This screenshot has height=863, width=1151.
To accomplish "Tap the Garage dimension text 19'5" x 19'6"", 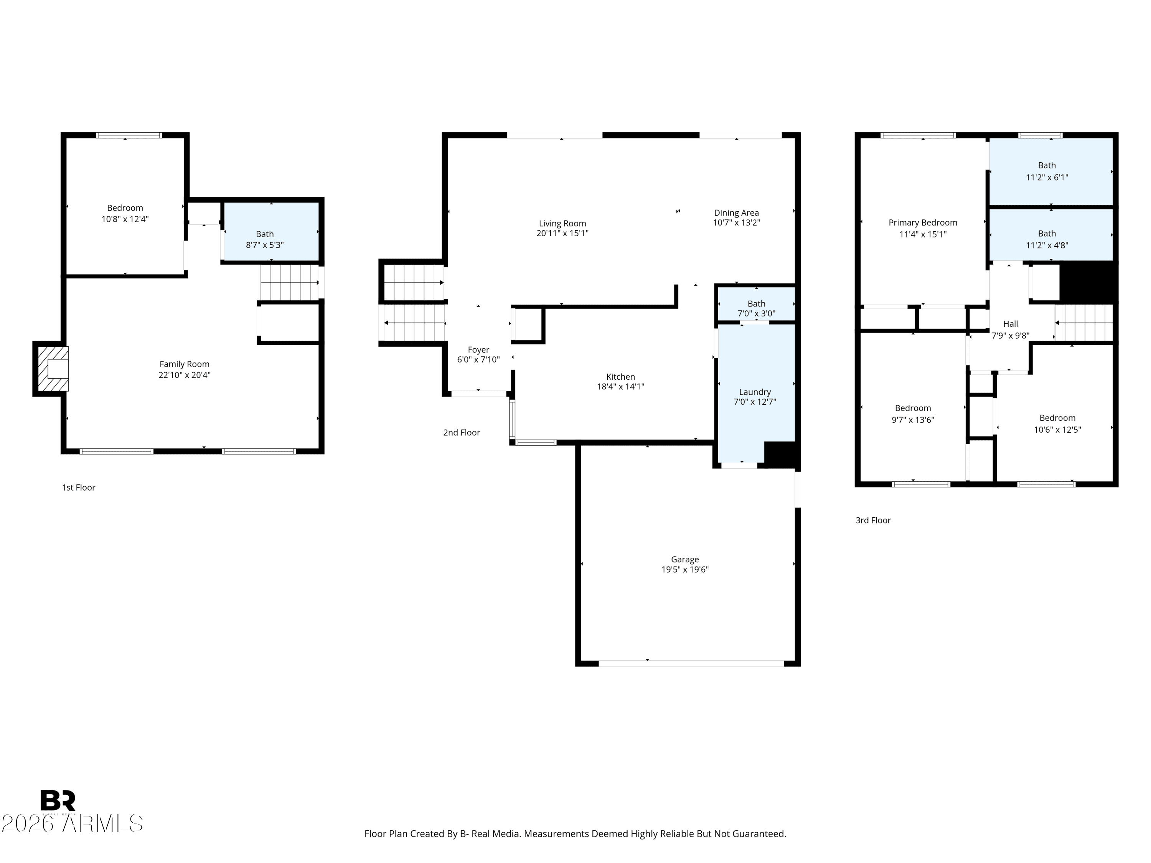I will pyautogui.click(x=685, y=570).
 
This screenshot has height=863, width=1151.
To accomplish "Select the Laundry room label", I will pyautogui.click(x=755, y=392).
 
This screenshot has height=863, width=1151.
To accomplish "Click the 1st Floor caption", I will pyautogui.click(x=79, y=487).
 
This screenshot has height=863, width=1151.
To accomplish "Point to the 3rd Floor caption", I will pyautogui.click(x=873, y=520).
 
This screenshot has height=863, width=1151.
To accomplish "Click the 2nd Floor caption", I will pyautogui.click(x=462, y=432).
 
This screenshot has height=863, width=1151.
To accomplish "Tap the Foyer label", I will pyautogui.click(x=478, y=349).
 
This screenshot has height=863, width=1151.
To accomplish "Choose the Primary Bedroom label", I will pyautogui.click(x=923, y=222).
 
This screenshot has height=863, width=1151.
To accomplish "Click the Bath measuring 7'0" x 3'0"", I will pyautogui.click(x=756, y=308).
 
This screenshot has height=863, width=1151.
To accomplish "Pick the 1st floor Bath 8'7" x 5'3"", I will pyautogui.click(x=264, y=239).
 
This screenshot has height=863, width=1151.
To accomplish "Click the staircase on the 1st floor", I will pyautogui.click(x=289, y=282).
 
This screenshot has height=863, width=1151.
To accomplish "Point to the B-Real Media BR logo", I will pyautogui.click(x=58, y=800).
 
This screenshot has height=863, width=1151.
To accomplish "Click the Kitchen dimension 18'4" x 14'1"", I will pyautogui.click(x=620, y=387).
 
